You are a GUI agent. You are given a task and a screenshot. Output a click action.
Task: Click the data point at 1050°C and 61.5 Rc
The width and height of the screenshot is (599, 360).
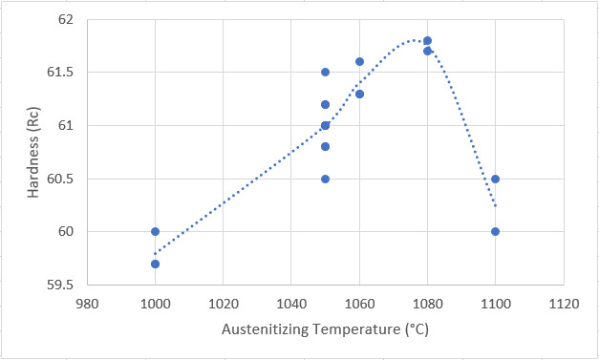[325, 73]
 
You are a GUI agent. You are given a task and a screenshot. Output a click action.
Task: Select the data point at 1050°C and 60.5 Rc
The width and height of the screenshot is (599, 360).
[325, 180]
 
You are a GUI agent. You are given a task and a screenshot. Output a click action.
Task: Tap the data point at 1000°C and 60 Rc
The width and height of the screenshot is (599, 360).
[155, 231]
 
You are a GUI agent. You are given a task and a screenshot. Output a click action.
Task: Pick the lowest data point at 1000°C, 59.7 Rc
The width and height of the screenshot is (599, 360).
[155, 265]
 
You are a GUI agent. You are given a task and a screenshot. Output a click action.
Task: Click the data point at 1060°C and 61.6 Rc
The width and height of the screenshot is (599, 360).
[359, 61]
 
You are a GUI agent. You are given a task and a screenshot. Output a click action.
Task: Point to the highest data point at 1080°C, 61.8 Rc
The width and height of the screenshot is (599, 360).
[427, 40]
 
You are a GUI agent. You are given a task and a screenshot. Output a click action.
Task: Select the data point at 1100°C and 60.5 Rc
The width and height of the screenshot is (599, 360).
[495, 180]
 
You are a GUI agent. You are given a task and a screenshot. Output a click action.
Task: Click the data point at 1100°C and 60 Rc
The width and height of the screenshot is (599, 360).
[495, 231]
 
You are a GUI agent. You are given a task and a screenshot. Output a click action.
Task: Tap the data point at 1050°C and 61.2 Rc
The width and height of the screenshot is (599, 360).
[325, 105]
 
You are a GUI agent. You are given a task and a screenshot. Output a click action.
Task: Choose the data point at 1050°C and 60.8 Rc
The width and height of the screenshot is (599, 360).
[325, 147]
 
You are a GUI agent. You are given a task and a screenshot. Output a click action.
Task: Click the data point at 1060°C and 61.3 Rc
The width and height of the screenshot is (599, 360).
[359, 94]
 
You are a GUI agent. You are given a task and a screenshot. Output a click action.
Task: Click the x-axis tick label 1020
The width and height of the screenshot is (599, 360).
[223, 305]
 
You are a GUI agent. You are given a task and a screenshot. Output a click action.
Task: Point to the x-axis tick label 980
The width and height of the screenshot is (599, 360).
[88, 305]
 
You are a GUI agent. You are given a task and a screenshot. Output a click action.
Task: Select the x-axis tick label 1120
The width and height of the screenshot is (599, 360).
[564, 305]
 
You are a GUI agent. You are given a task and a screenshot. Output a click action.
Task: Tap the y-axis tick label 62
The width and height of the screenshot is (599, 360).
[66, 19]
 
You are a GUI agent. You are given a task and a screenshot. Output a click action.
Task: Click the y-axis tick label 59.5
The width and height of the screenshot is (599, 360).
[60, 285]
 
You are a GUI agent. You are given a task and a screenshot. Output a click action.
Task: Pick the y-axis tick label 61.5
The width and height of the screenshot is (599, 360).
[60, 73]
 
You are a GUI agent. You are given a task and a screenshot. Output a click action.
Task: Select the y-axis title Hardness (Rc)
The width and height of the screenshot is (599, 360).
[33, 153]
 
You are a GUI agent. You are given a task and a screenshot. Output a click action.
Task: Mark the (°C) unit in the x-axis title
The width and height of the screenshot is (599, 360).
[417, 329]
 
